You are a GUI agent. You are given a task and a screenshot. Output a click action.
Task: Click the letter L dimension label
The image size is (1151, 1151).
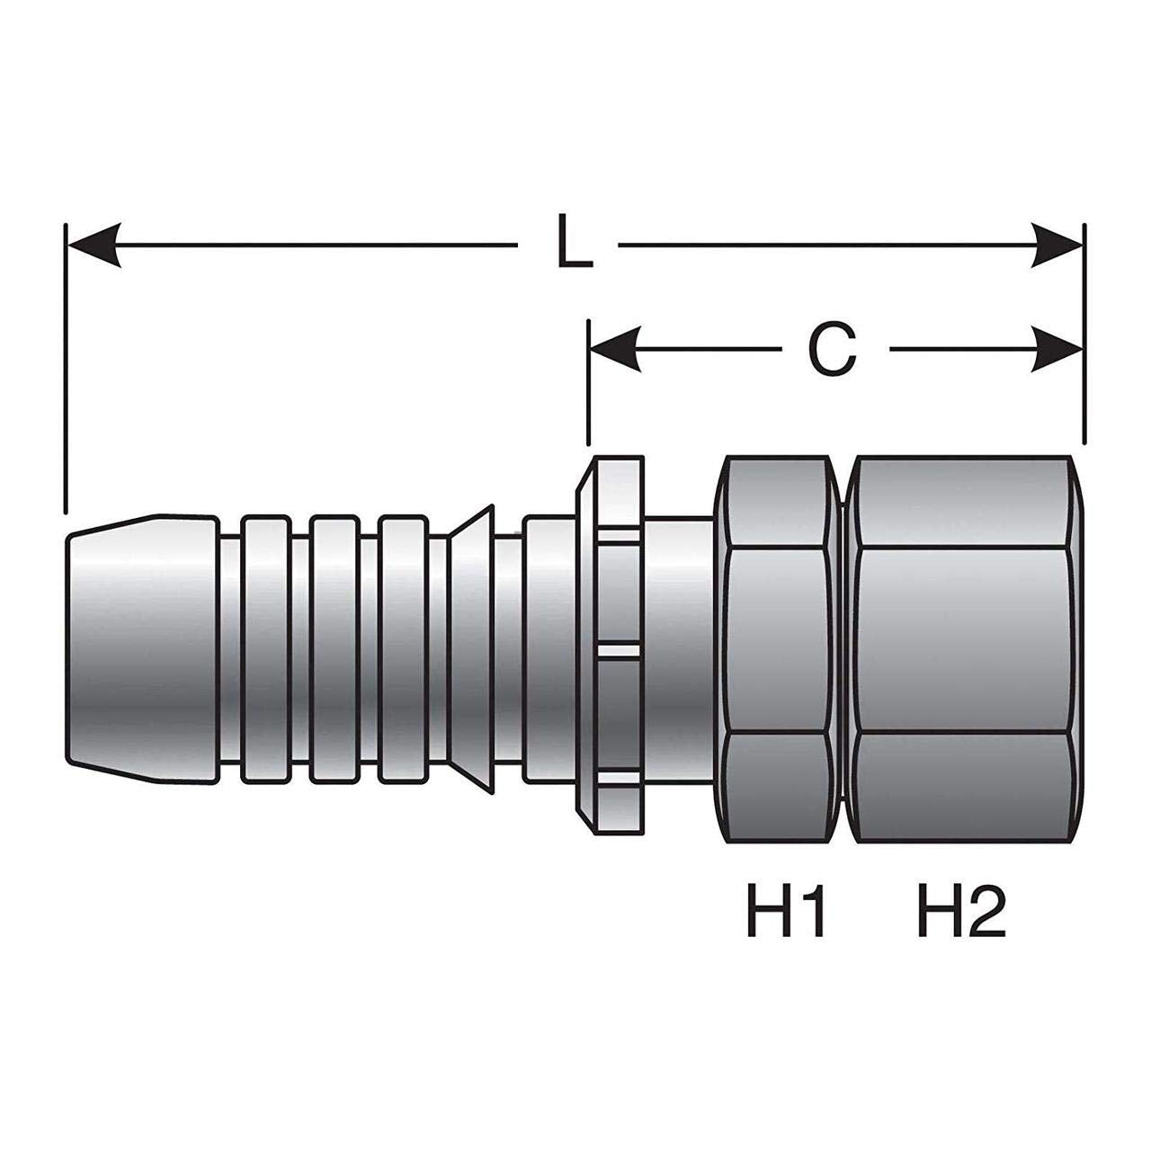coord(574,242)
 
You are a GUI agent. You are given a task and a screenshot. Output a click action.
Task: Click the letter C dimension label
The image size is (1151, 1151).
coord(832,350)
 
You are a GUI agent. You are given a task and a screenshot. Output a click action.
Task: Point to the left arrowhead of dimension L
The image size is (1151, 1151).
coord(95,245)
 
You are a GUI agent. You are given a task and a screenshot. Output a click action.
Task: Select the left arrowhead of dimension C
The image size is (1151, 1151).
coord(615,350)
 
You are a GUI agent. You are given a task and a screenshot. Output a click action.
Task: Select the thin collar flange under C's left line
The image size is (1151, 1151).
coord(610,645)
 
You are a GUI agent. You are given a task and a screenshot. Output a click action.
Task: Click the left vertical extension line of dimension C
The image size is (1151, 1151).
coord(589,383)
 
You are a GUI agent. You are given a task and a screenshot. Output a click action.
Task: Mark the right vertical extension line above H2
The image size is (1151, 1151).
coord(1084,335)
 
